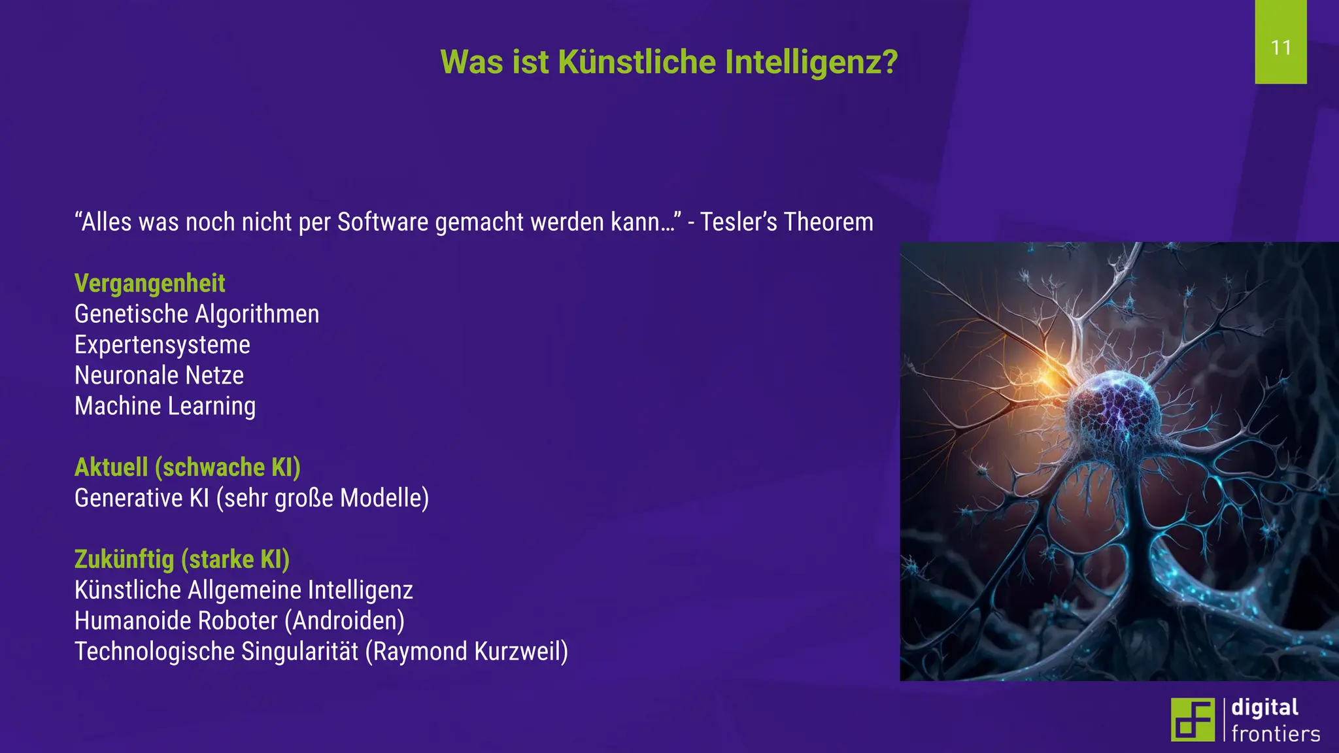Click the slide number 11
tap(1281, 48)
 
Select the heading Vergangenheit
tap(150, 284)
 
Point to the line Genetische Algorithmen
tap(197, 314)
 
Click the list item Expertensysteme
tap(162, 345)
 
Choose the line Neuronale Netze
tap(159, 376)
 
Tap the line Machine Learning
tap(165, 407)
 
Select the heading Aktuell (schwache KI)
tap(188, 468)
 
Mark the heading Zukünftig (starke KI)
tap(182, 560)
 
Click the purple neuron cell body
tap(1114, 409)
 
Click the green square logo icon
tap(1192, 720)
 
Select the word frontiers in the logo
tap(1276, 734)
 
